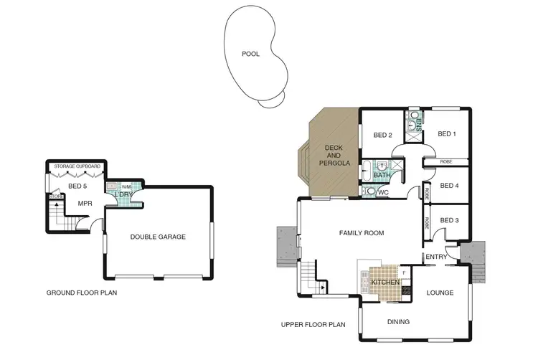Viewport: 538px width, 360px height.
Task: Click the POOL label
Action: tap(251, 54)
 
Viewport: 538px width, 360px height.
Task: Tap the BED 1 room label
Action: tap(447, 133)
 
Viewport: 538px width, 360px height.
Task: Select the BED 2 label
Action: tap(382, 135)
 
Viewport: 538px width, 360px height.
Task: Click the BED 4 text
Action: tap(449, 186)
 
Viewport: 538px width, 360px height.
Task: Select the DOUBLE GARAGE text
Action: tap(158, 237)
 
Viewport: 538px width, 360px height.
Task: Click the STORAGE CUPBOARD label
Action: tap(77, 166)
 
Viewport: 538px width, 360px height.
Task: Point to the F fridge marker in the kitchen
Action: tap(404, 273)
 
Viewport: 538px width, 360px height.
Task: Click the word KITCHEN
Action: tap(384, 283)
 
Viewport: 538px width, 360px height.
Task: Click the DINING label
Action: tap(398, 322)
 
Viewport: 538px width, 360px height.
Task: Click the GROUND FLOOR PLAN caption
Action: tap(81, 293)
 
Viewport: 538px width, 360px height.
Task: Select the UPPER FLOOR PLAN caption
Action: tap(313, 325)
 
